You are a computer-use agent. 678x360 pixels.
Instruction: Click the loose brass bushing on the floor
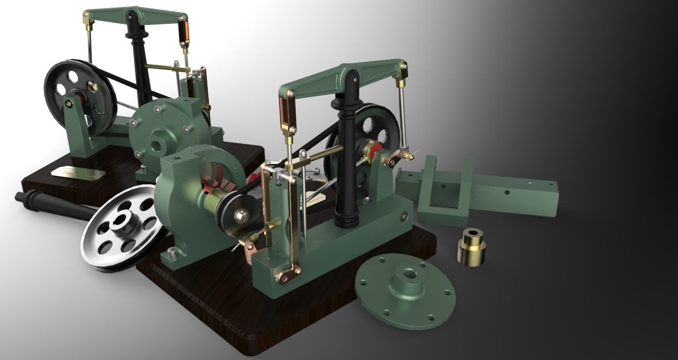(471, 248)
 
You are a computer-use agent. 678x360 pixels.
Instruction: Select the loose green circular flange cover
(405, 291)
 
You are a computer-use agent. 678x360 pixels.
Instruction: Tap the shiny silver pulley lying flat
(125, 228)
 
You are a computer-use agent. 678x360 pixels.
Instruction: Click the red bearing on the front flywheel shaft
(374, 150)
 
